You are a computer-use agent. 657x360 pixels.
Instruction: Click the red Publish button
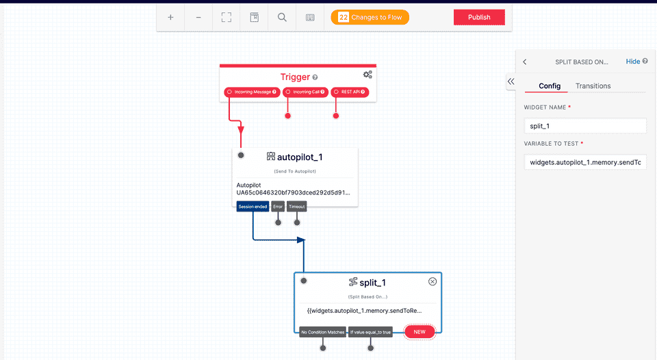pos(479,17)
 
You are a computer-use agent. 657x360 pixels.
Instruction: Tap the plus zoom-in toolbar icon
pos(170,17)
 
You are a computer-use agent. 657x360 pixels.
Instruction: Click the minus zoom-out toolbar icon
pos(198,17)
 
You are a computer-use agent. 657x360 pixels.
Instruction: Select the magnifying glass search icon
pos(282,17)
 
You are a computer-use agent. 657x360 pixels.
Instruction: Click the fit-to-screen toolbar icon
pos(227,17)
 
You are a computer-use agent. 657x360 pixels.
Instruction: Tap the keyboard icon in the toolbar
pos(310,17)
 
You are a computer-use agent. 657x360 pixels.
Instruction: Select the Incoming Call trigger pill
pos(305,92)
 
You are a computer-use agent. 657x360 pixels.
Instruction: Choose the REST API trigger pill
pos(350,92)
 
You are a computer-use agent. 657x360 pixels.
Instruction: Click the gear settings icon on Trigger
pos(368,75)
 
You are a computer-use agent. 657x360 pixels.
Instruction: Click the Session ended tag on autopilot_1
pos(253,206)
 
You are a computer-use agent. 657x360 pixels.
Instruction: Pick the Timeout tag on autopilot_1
pos(297,206)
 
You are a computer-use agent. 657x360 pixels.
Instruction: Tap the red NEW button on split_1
pos(419,332)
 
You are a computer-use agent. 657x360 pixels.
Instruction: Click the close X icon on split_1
pos(433,281)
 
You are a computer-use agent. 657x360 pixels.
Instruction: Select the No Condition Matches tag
pos(323,332)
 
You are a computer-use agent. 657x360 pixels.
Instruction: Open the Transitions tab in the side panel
pos(593,86)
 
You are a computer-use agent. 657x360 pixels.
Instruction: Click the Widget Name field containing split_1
pos(584,126)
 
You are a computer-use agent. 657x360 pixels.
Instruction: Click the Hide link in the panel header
pos(633,62)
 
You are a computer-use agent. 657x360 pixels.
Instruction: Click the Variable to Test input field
pos(584,162)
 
